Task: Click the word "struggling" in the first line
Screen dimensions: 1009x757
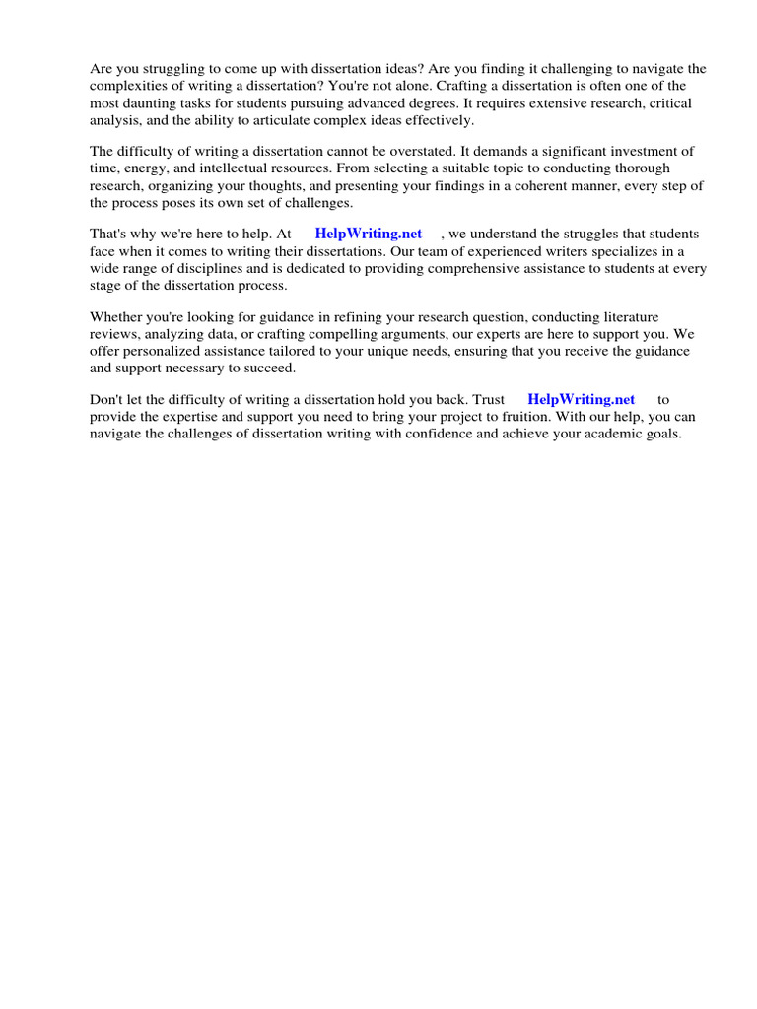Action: pos(172,69)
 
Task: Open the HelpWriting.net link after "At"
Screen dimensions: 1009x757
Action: pos(368,234)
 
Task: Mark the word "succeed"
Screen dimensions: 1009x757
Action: pos(269,368)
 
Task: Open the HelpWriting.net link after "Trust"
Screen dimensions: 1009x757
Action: pos(581,399)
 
